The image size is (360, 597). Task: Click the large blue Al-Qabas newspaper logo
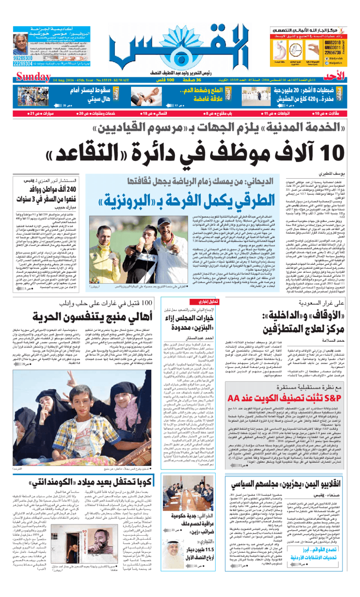(180, 43)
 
